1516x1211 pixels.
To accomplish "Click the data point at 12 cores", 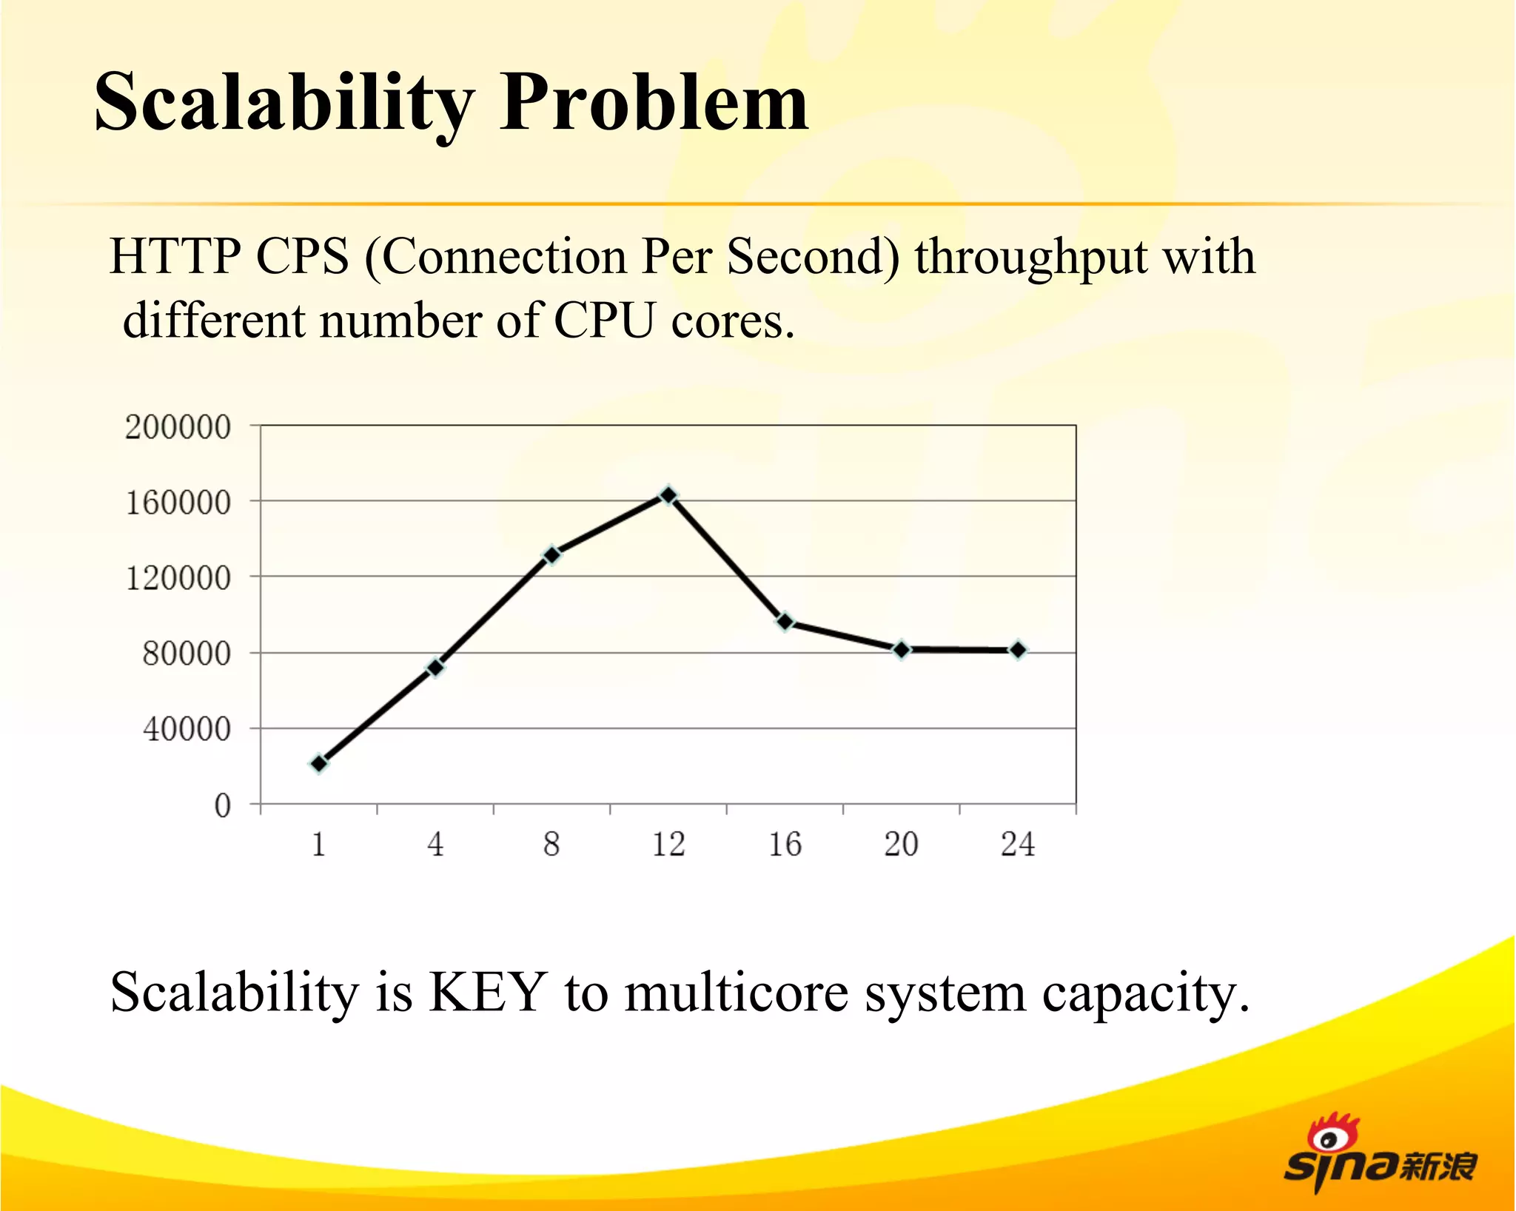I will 668,495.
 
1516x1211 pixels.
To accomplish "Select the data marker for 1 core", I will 319,763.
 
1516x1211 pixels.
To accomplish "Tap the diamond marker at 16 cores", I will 785,622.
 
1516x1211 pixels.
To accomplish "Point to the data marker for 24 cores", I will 1018,650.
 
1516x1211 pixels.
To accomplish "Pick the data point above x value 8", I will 552,554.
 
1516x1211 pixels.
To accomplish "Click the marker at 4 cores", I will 436,667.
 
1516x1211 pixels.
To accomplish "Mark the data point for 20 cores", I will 902,649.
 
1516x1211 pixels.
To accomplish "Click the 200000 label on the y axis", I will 178,427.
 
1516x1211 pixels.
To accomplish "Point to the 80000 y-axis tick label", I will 187,654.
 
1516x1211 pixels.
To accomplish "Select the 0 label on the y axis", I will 222,805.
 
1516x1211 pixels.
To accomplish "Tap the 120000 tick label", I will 178,578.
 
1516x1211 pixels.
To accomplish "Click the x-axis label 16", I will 785,845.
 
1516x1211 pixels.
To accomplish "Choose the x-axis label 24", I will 1018,845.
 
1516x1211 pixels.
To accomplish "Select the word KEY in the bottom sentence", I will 489,992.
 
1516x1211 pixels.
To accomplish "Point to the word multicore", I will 736,992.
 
